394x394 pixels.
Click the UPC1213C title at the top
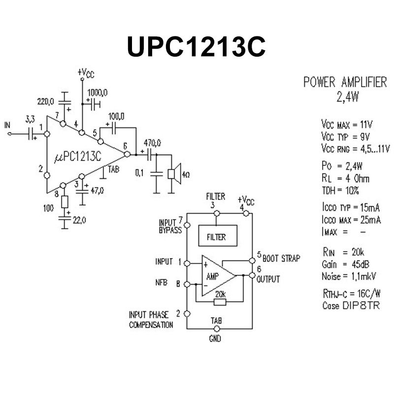click(x=196, y=47)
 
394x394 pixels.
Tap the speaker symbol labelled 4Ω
click(x=174, y=174)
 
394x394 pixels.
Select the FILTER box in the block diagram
click(x=218, y=235)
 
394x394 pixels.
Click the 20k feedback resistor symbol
click(x=220, y=302)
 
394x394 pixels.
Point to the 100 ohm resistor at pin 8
click(x=65, y=201)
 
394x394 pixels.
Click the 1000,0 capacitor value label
click(x=98, y=93)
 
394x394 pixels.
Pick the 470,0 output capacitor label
click(x=152, y=143)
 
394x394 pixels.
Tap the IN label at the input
click(x=7, y=125)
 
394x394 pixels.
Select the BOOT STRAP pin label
click(x=281, y=258)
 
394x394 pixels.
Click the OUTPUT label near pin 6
click(x=268, y=279)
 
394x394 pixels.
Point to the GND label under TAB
click(x=215, y=339)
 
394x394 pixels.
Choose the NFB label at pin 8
click(x=162, y=282)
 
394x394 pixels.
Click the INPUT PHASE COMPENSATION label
click(x=151, y=320)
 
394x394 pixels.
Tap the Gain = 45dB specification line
click(x=345, y=264)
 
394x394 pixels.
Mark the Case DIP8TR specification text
click(x=351, y=305)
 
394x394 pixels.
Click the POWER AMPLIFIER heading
click(x=345, y=82)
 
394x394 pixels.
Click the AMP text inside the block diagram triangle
click(x=213, y=277)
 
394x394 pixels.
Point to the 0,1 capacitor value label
click(x=139, y=173)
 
